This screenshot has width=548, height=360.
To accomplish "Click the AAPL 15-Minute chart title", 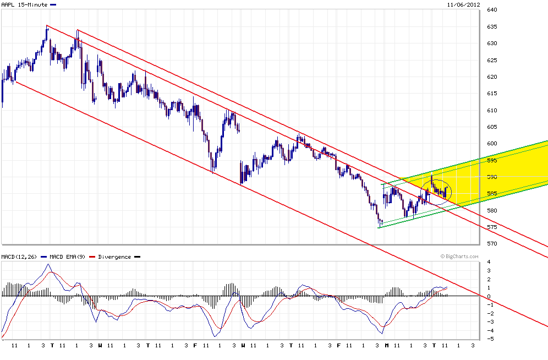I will click(24, 4).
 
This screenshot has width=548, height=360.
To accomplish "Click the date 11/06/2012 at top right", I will click(463, 4).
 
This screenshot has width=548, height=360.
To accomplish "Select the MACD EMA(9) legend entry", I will click(67, 257).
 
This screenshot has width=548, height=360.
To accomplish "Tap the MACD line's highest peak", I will click(48, 265).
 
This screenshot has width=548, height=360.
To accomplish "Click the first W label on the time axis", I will click(100, 346).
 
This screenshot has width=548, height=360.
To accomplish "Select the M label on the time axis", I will click(387, 346).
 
